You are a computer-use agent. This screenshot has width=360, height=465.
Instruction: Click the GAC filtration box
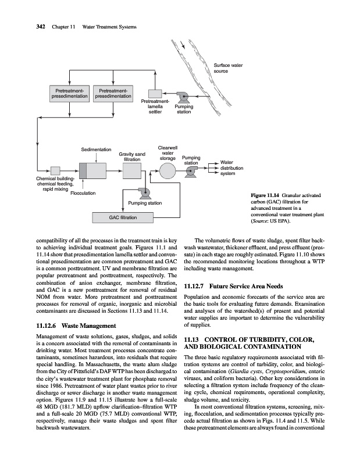tap(123, 217)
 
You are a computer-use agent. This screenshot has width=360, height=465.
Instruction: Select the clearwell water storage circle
tap(167, 170)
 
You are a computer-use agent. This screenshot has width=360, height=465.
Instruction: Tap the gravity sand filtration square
tap(131, 171)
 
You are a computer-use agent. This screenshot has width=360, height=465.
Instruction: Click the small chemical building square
tap(56, 170)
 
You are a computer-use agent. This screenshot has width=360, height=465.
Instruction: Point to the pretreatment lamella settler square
tap(155, 94)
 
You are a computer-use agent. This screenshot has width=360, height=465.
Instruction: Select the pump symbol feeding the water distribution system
tap(192, 170)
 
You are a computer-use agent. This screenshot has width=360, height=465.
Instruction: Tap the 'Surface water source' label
tap(229, 68)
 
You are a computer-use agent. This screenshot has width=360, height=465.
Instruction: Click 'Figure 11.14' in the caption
tap(265, 195)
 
